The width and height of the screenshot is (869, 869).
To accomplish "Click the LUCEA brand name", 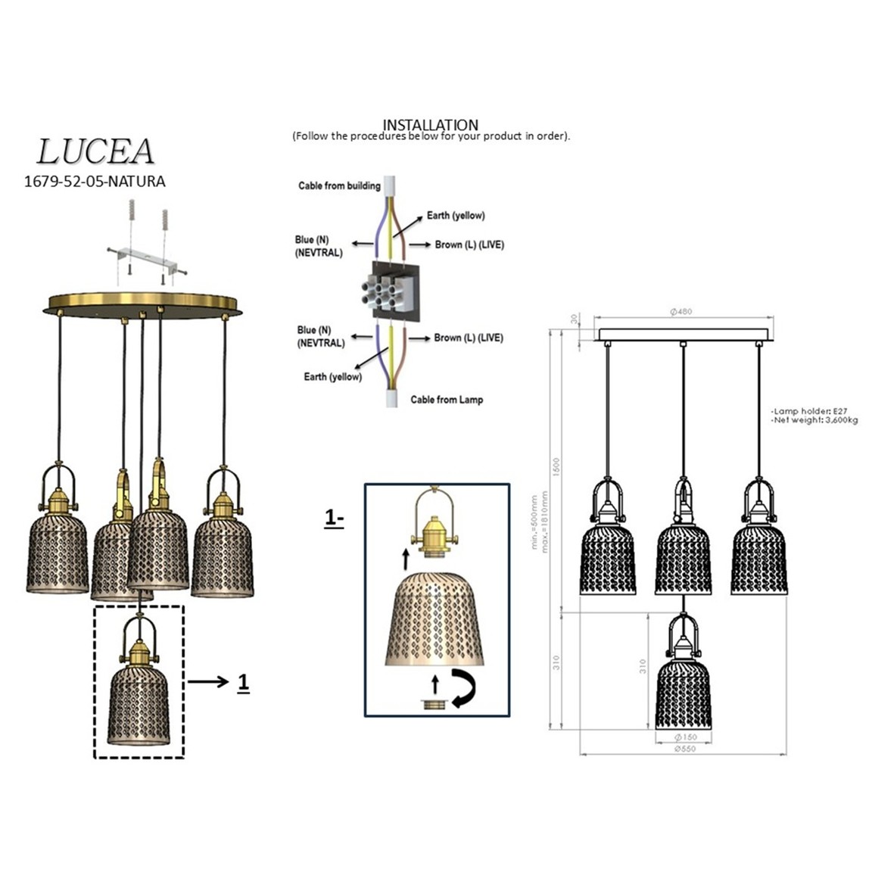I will click(x=95, y=151).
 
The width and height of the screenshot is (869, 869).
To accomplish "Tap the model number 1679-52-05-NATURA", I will click(x=95, y=182).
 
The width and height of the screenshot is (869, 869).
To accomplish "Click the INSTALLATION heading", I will click(x=430, y=125).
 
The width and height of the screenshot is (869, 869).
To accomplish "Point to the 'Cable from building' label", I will click(x=339, y=185).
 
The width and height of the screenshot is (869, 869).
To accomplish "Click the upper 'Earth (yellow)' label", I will click(x=456, y=216).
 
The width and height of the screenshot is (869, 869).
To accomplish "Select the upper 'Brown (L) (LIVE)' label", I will click(x=469, y=245).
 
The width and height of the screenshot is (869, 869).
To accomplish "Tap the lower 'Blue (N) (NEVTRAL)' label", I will click(x=319, y=336).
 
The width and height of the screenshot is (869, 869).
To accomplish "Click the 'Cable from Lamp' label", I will click(x=447, y=399).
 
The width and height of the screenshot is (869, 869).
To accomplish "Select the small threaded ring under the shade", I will click(x=434, y=704).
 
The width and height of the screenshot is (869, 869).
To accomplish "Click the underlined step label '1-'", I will click(x=334, y=519).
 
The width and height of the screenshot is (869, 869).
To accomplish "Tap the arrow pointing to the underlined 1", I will click(x=207, y=683).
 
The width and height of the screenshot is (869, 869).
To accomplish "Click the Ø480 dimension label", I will click(x=681, y=311).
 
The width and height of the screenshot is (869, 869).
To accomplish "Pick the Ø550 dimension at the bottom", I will click(x=684, y=749).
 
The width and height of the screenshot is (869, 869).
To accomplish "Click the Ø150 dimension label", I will click(x=684, y=737).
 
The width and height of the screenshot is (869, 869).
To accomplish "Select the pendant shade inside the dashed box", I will click(x=139, y=704).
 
